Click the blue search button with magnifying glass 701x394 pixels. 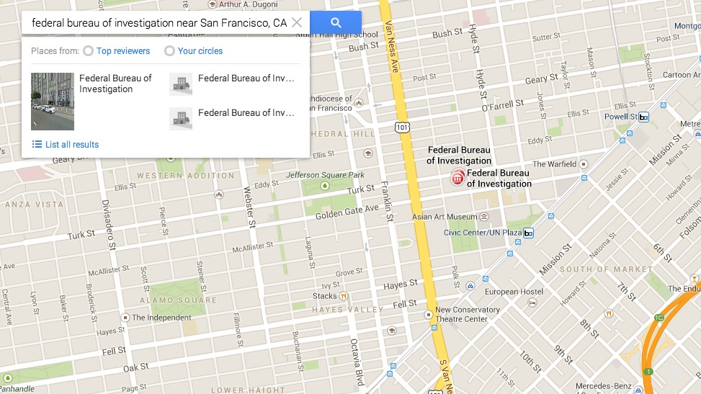(x=336, y=22)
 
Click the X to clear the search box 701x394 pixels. (x=297, y=22)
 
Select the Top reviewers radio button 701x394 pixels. (x=88, y=51)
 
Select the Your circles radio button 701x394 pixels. (x=169, y=51)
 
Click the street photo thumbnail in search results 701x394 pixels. (x=53, y=101)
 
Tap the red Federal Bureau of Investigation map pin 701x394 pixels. (x=457, y=177)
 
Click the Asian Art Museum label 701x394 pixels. (x=445, y=217)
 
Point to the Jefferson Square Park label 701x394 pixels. (x=325, y=175)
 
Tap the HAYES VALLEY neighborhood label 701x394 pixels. (x=348, y=310)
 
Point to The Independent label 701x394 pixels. (x=161, y=318)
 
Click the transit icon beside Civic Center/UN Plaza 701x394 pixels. (x=528, y=233)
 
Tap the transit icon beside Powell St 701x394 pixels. (x=643, y=117)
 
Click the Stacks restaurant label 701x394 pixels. (x=325, y=296)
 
